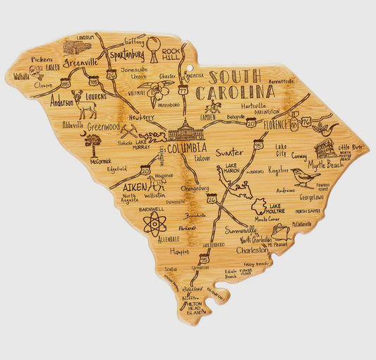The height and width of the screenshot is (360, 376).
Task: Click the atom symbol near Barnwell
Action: point(154,224)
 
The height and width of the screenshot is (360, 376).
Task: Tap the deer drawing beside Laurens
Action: point(85,104)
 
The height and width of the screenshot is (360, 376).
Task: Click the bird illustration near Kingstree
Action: point(304,176)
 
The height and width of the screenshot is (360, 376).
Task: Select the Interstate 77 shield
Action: point(183,90)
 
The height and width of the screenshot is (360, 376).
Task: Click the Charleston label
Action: point(253,250)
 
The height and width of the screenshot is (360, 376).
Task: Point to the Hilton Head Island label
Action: point(194,306)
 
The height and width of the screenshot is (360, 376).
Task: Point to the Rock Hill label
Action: point(171,54)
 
